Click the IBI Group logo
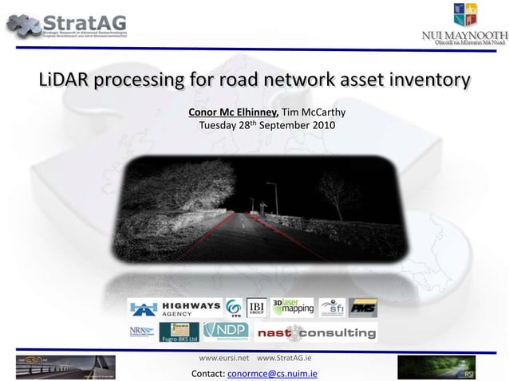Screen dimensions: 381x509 click(x=256, y=308)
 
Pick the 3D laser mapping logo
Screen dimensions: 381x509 click(x=293, y=308)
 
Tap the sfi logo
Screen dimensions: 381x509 click(x=332, y=308)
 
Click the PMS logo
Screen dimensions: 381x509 click(x=363, y=308)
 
